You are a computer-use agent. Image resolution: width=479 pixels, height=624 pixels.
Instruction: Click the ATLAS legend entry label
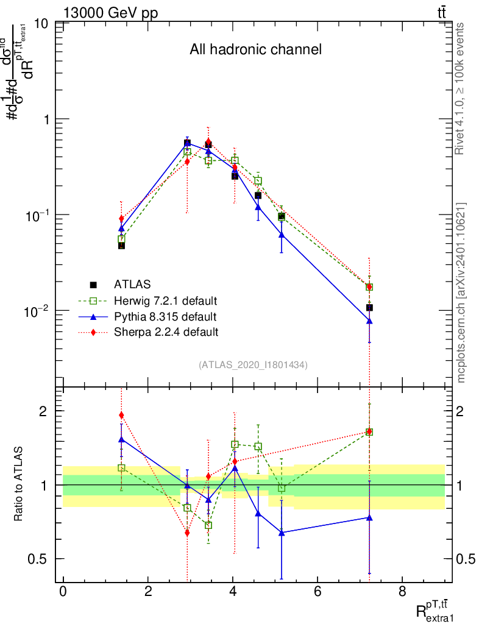point(132,285)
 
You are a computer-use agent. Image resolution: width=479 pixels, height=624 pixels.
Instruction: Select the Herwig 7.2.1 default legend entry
point(166,300)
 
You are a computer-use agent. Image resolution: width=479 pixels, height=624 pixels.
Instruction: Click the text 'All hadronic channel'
point(255,50)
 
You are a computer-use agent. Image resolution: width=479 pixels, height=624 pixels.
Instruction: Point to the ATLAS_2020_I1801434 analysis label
point(253,365)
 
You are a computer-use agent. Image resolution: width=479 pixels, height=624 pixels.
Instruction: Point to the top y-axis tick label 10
point(43,24)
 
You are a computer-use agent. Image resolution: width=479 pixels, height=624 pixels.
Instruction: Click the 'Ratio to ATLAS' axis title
point(19,484)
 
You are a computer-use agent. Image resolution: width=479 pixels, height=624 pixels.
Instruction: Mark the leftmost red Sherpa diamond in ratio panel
point(121,416)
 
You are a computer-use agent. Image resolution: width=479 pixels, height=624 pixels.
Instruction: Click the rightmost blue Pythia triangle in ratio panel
point(369,517)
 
